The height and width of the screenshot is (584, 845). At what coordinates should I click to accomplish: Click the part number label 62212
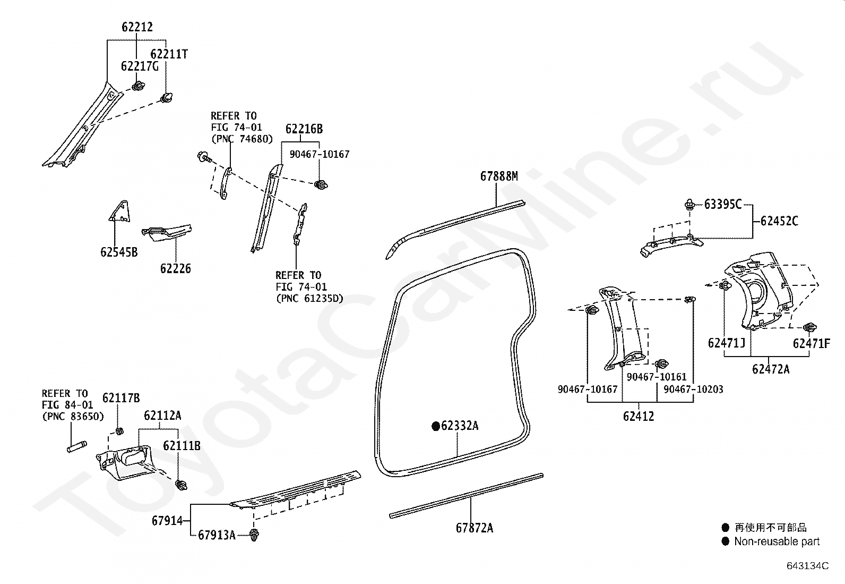pyautogui.click(x=137, y=27)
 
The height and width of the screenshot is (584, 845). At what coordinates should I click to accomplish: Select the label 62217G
pyautogui.click(x=140, y=66)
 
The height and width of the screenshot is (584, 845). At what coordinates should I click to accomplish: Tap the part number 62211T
pyautogui.click(x=169, y=54)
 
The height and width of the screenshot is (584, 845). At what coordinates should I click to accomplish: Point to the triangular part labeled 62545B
pyautogui.click(x=120, y=211)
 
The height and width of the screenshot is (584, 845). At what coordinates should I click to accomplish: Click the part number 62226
pyautogui.click(x=175, y=268)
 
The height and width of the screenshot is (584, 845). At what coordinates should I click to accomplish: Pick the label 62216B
pyautogui.click(x=304, y=129)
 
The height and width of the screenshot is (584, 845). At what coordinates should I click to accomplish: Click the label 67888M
pyautogui.click(x=499, y=176)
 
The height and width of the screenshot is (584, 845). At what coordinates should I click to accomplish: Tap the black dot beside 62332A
pyautogui.click(x=436, y=426)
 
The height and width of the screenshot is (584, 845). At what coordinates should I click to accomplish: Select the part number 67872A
pyautogui.click(x=474, y=528)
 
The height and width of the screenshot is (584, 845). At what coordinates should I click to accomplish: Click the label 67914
pyautogui.click(x=167, y=521)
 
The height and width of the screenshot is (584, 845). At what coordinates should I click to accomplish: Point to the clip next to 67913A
pyautogui.click(x=254, y=535)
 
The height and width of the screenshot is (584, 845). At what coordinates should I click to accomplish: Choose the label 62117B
pyautogui.click(x=121, y=398)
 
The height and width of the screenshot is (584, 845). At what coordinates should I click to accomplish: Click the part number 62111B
pyautogui.click(x=182, y=446)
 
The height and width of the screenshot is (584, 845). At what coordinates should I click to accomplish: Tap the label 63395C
pyautogui.click(x=723, y=205)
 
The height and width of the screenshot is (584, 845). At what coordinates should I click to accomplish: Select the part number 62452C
pyautogui.click(x=779, y=221)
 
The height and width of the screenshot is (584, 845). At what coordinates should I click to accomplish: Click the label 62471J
pyautogui.click(x=727, y=343)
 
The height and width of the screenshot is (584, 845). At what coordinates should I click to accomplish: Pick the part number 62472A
pyautogui.click(x=771, y=369)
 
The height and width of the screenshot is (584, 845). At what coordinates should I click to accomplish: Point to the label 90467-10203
pyautogui.click(x=693, y=389)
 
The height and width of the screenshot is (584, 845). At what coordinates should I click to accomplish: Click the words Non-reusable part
pyautogui.click(x=777, y=541)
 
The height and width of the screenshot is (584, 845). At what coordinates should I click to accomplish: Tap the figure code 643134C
pyautogui.click(x=808, y=565)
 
